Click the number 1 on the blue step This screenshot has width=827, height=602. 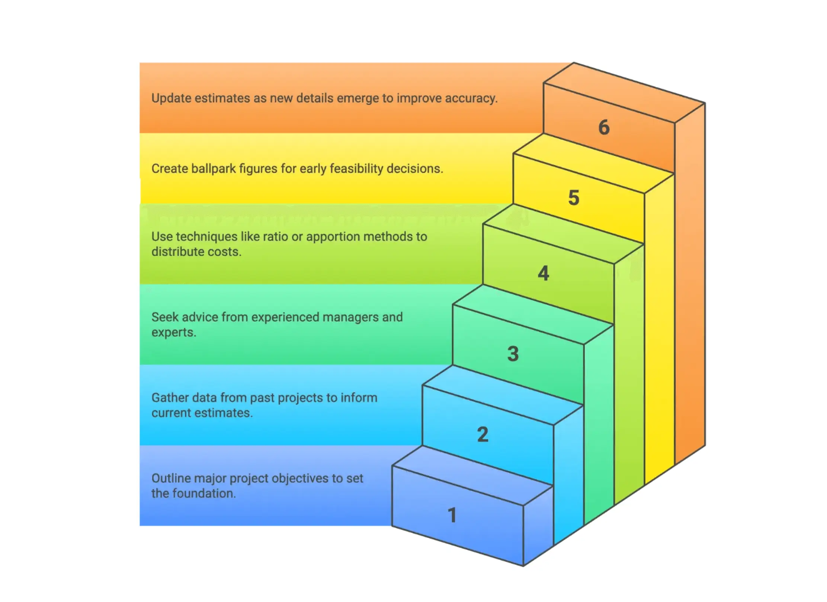(x=452, y=515)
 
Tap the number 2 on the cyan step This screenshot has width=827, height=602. (x=483, y=434)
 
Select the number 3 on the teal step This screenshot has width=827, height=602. (x=513, y=353)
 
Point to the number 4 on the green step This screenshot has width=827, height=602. (x=543, y=273)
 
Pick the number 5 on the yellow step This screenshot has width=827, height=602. (x=574, y=197)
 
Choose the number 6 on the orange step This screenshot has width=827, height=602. (x=604, y=127)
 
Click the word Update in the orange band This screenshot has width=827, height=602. (x=171, y=98)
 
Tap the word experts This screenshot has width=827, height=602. (x=173, y=333)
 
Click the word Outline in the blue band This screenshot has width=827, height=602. (x=171, y=478)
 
